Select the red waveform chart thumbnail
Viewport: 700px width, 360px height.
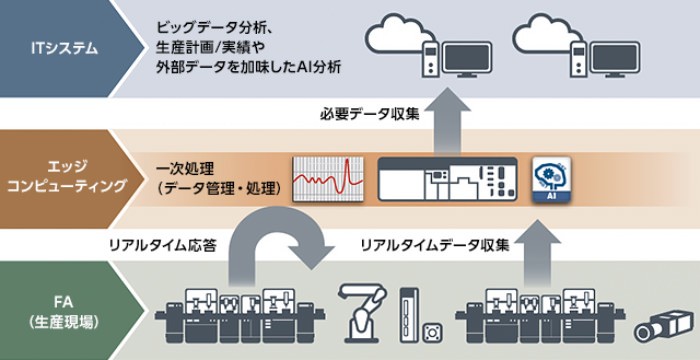pyautogui.click(x=326, y=179)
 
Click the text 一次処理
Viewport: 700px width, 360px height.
pyautogui.click(x=185, y=166)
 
